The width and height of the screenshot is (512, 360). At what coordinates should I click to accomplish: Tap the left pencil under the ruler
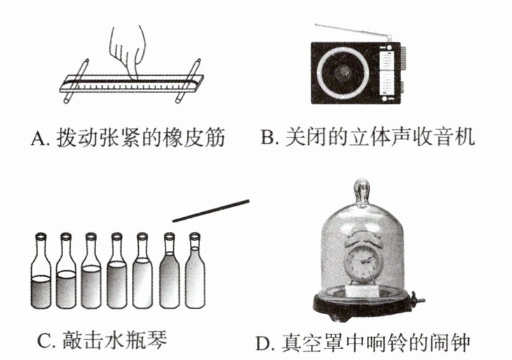76,81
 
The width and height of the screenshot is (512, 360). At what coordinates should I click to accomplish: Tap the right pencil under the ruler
188,81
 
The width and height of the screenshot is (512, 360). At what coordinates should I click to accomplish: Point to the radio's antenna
353,31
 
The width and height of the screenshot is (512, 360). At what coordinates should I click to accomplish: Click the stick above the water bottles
211,211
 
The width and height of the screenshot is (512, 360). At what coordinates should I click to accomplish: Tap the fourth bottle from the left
117,271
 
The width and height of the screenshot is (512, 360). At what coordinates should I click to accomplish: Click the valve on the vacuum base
416,298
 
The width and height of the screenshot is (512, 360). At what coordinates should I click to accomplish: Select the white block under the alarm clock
362,291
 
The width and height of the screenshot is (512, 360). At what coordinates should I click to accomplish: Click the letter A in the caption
39,138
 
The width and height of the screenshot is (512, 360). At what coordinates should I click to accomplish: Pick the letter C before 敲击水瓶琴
45,342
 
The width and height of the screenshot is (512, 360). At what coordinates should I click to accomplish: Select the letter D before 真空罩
262,343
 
